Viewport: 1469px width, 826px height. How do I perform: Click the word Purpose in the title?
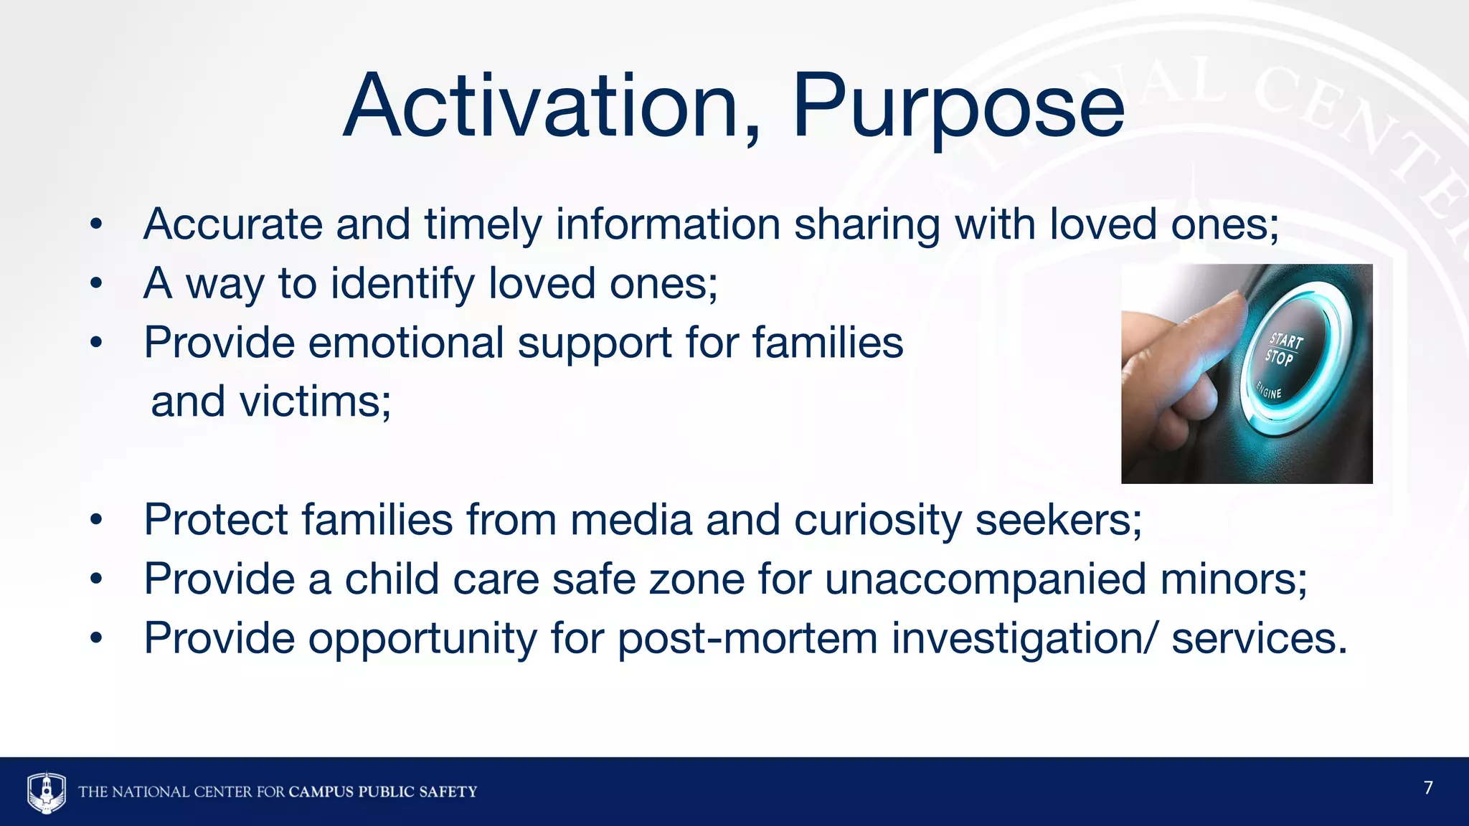point(958,108)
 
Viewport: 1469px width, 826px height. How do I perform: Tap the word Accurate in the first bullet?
point(233,224)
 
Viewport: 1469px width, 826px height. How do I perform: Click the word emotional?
point(406,343)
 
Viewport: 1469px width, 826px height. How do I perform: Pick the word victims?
point(313,402)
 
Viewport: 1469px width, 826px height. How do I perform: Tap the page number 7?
point(1428,788)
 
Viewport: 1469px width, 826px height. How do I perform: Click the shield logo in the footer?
point(47,792)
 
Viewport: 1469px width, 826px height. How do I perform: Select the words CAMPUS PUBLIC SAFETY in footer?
point(382,792)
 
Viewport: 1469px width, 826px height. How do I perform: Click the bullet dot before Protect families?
point(97,520)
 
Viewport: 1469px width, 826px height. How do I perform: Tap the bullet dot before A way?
point(97,284)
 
